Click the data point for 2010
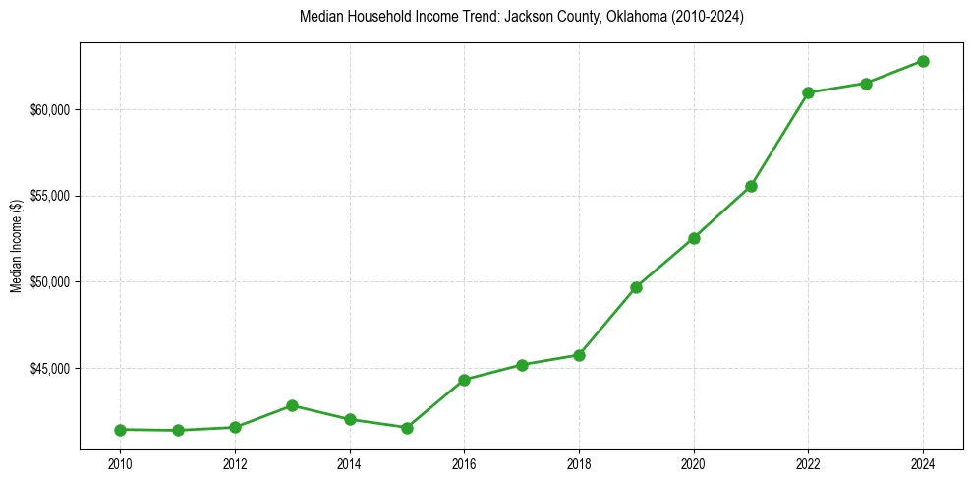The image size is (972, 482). [120, 430]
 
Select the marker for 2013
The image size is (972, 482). [292, 405]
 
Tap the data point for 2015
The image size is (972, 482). [407, 428]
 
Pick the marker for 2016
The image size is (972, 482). [464, 380]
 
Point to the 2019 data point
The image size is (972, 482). [636, 287]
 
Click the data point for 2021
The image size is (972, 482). [751, 186]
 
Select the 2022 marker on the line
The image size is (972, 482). [808, 92]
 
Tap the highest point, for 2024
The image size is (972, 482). [923, 61]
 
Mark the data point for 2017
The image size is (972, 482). [522, 365]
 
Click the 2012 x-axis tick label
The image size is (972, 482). [235, 463]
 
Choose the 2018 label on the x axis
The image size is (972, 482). [579, 463]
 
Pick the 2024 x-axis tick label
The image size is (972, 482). [923, 463]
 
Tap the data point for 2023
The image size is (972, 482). [866, 84]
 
